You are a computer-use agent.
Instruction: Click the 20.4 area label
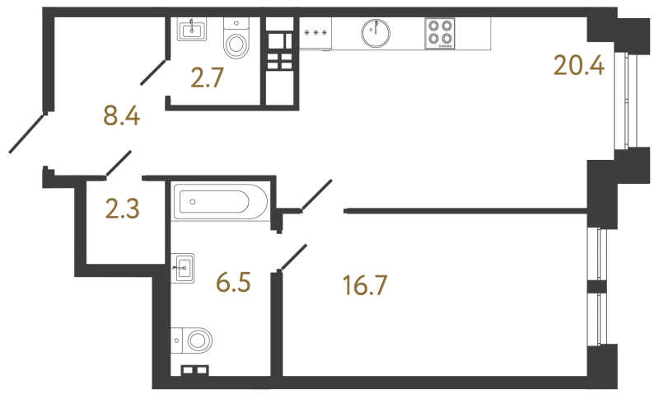579,66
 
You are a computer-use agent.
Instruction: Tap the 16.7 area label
365,285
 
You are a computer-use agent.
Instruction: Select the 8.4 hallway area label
121,115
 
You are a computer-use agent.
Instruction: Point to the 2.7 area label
207,77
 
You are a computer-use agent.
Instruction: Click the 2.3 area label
122,209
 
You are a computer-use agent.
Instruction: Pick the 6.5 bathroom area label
233,282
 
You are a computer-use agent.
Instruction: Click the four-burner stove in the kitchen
440,33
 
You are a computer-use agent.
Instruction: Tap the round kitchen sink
376,32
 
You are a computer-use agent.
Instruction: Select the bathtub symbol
219,202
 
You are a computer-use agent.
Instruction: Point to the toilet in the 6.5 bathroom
192,340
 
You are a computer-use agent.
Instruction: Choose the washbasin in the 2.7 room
192,30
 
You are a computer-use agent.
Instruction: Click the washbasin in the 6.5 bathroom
182,268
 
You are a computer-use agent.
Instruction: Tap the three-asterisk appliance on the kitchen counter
315,33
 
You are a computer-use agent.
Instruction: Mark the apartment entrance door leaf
26,134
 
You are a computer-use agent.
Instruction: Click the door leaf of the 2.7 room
154,73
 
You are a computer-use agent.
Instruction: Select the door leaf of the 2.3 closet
119,163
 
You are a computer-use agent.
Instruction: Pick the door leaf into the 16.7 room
294,257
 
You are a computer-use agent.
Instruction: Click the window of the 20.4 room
626,100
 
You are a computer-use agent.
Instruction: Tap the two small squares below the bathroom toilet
195,370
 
